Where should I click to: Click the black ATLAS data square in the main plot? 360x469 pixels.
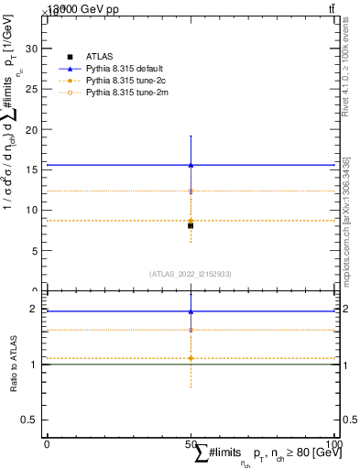[190, 225]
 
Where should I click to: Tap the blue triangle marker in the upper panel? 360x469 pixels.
[190, 165]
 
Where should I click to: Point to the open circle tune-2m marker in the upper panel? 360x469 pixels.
[190, 191]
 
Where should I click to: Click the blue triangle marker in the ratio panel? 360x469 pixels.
[190, 311]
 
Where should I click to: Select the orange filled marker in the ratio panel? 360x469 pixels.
[190, 358]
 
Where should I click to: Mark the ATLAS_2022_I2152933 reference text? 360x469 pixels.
[190, 274]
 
